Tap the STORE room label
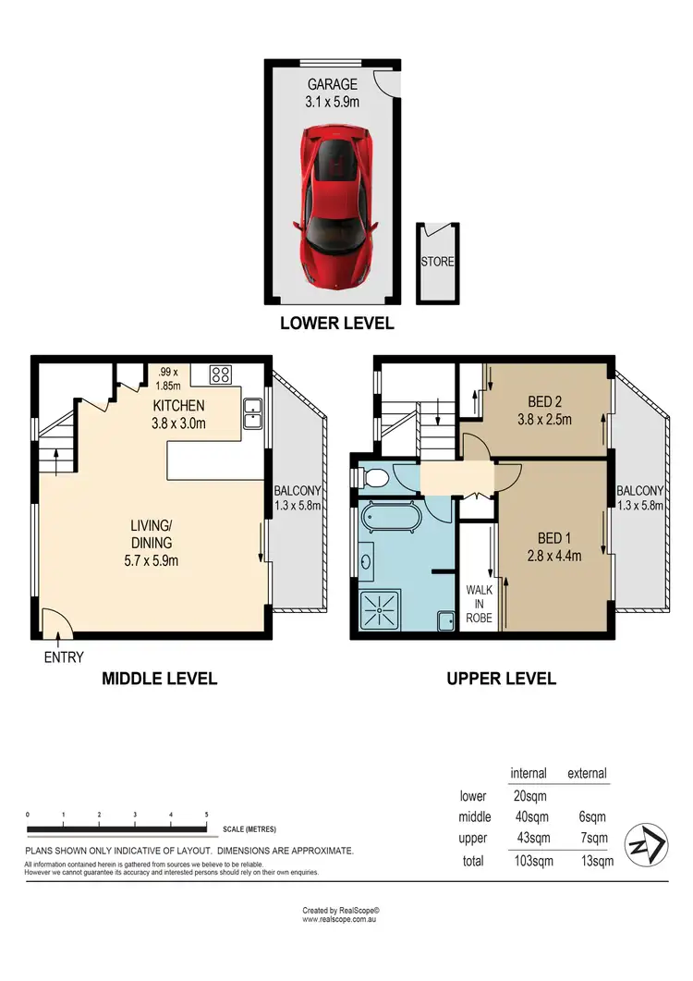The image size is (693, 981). click(x=437, y=262)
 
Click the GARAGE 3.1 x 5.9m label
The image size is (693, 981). click(x=332, y=93)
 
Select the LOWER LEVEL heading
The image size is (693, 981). click(x=336, y=324)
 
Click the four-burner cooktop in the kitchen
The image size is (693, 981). click(x=222, y=374)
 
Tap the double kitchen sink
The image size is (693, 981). click(x=251, y=414)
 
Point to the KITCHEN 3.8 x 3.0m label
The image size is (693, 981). click(x=178, y=415)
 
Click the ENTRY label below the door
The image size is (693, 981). click(x=63, y=657)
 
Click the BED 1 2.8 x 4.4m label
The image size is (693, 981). click(x=555, y=546)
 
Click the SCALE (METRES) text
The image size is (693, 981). click(x=249, y=829)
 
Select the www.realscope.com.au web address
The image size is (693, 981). click(x=341, y=920)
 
